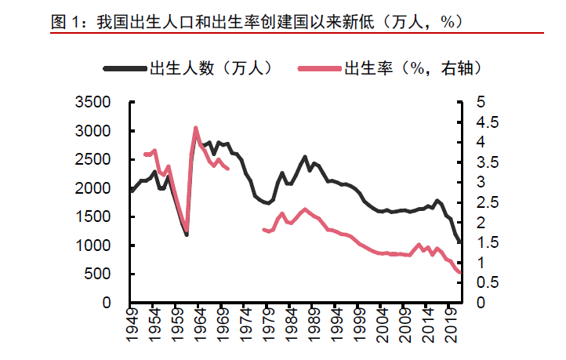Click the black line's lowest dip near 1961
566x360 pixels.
tap(187, 235)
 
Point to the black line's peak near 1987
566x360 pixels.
tap(305, 157)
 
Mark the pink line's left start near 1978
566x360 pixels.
tap(263, 229)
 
